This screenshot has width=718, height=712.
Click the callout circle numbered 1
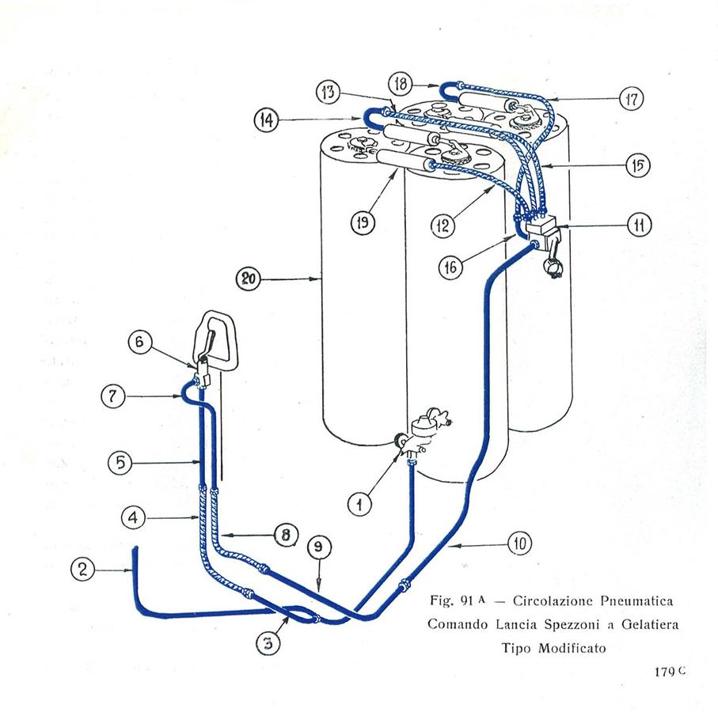coord(360,503)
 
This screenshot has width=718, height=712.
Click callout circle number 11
coord(639,225)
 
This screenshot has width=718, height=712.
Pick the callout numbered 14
coord(267,120)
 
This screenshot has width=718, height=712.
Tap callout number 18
coord(400,83)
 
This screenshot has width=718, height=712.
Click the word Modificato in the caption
coord(565,647)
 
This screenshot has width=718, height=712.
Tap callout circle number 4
coord(133,518)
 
